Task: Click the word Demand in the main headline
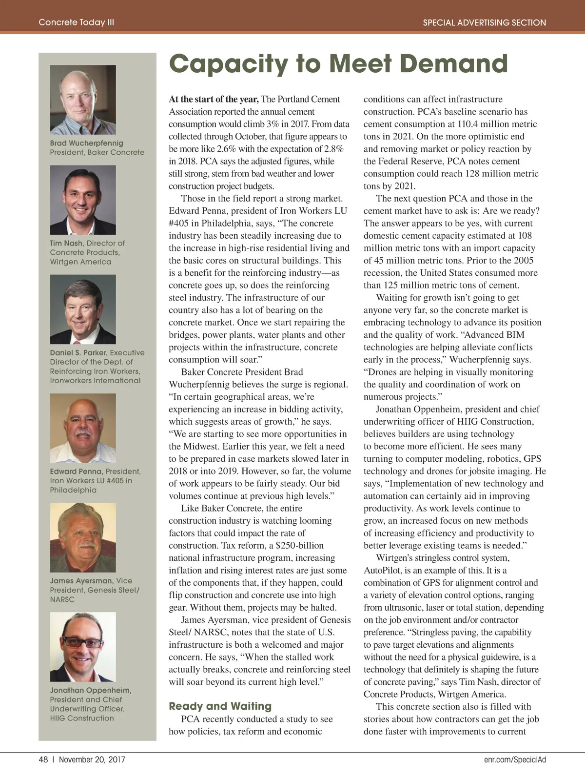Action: [454, 64]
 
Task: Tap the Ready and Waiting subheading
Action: [220, 706]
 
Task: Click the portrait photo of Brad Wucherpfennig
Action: [83, 100]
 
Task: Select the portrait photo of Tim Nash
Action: [83, 200]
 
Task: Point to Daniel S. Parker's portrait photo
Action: [83, 309]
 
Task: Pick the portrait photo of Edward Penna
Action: [83, 428]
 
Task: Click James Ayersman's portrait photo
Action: [83, 537]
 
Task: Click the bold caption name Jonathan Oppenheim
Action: [91, 690]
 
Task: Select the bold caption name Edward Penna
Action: [76, 472]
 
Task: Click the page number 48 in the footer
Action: [43, 760]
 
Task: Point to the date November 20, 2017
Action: [92, 760]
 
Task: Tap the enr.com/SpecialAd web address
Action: [515, 760]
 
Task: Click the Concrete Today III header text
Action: [77, 22]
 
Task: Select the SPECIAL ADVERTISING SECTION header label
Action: [484, 22]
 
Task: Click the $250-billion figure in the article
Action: [299, 545]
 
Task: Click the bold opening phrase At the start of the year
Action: [214, 99]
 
